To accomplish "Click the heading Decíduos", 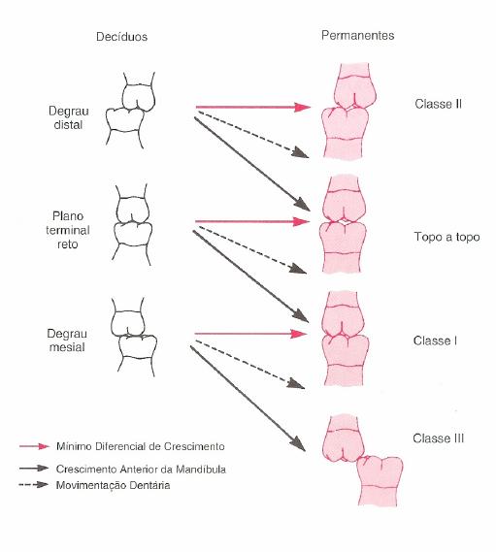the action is (x=121, y=37).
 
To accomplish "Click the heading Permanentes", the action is (x=357, y=35).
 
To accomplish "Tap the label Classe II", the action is (x=438, y=104).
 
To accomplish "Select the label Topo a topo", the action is (x=446, y=237).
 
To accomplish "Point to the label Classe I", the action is (x=435, y=341).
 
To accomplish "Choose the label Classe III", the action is (x=438, y=438).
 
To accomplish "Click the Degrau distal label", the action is (x=68, y=117).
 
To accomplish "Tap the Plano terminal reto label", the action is (x=68, y=230).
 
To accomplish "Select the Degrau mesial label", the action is (x=67, y=341).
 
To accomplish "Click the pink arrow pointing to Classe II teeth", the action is (x=253, y=107).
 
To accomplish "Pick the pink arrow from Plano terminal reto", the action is (x=252, y=221).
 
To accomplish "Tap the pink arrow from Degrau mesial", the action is (x=250, y=334).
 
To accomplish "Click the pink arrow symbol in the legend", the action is (x=34, y=446).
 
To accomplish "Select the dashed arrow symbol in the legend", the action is (x=33, y=485).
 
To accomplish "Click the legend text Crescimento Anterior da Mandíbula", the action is (x=141, y=470).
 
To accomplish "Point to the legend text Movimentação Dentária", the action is (x=113, y=485).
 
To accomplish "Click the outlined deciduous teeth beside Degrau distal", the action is (x=130, y=111).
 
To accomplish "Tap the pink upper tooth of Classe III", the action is (x=344, y=439).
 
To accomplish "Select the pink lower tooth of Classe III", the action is (x=380, y=481).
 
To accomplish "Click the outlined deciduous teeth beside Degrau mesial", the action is (x=134, y=338).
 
